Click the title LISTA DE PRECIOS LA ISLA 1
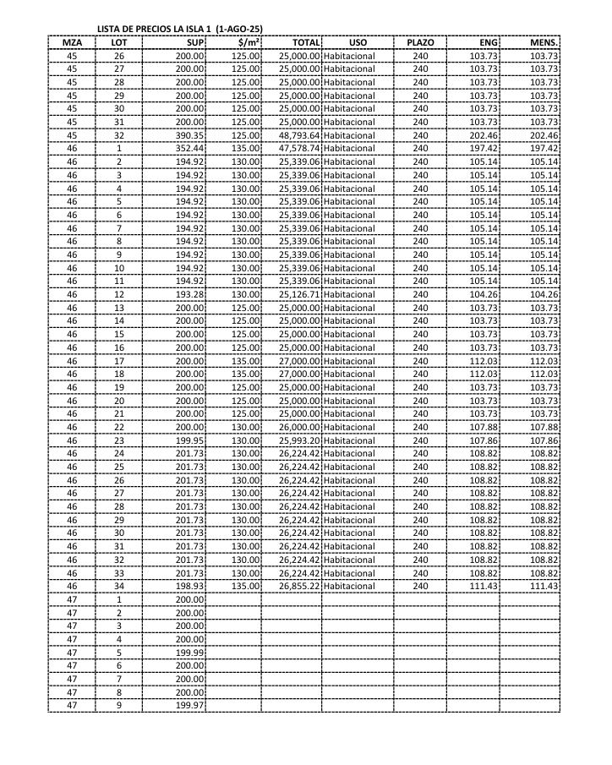179,30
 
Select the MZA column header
72,42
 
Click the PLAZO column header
420,42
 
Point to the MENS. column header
544,42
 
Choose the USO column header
358,42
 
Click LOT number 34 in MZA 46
119,586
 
